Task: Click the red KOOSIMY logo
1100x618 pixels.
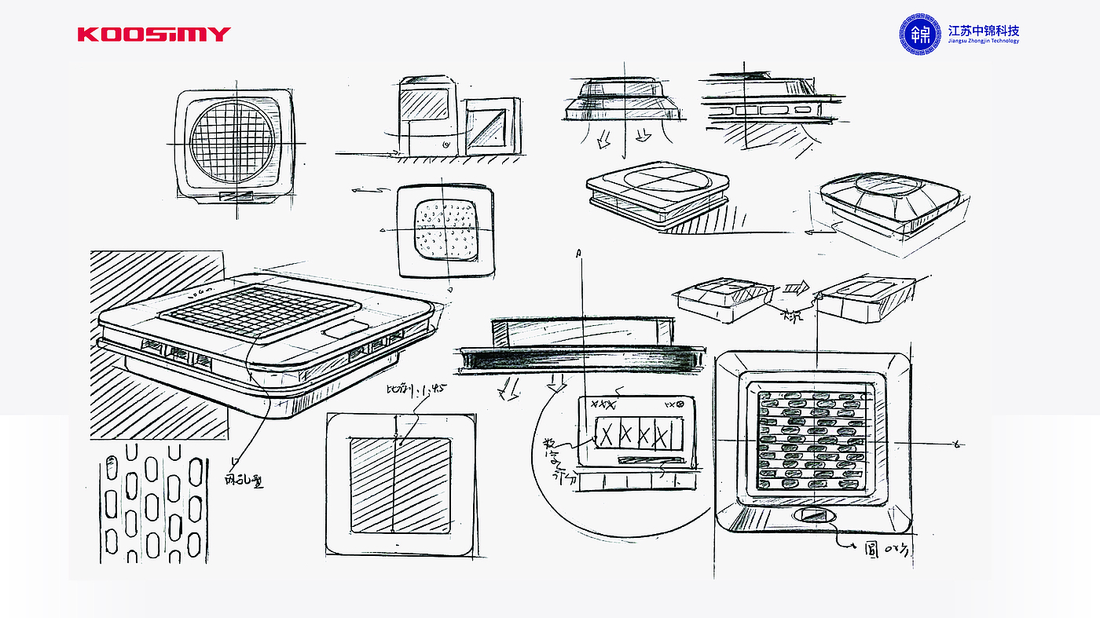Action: pos(154,34)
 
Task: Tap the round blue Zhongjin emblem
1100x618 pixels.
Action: pos(920,35)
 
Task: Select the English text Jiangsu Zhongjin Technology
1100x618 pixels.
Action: pos(983,42)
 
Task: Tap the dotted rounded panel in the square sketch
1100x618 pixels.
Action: pos(445,229)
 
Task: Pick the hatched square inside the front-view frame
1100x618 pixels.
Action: pos(400,485)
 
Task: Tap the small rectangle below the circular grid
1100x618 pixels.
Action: pos(236,196)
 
